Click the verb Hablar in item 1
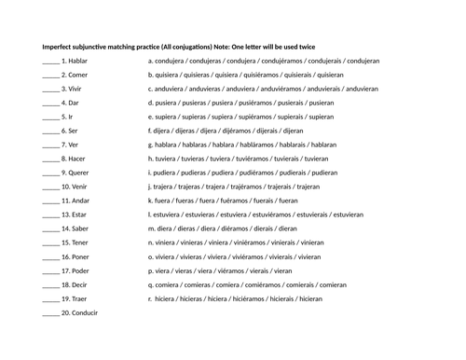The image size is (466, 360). (77, 61)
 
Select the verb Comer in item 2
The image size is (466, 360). (77, 75)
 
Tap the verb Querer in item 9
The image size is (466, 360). (78, 173)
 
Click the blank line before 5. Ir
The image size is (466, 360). (50, 118)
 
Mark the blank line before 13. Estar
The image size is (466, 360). (50, 215)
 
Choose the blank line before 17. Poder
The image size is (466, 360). (50, 271)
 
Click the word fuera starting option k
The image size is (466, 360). (163, 201)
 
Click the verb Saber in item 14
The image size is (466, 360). (78, 228)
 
